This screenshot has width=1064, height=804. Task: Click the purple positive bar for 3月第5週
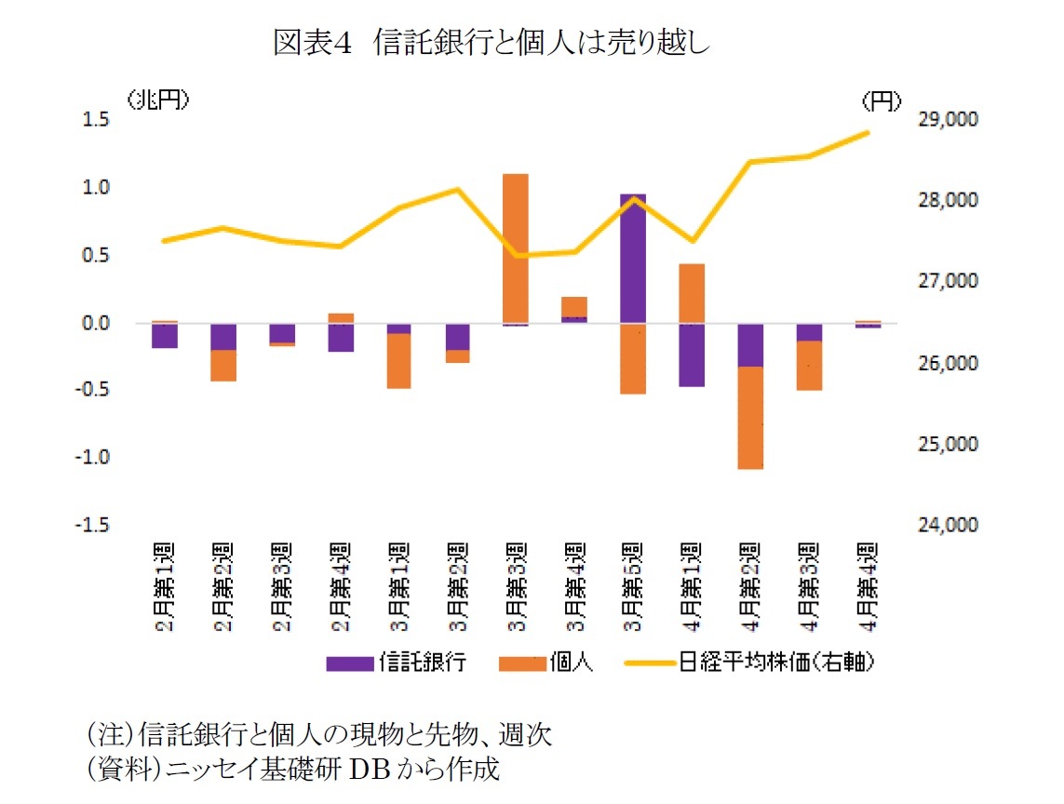point(633,259)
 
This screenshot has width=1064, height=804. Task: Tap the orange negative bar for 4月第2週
point(750,417)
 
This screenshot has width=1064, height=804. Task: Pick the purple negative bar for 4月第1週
point(692,355)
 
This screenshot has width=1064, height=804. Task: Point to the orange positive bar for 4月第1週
point(692,293)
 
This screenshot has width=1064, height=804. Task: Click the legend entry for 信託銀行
point(396,663)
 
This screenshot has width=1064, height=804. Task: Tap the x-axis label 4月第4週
point(869,586)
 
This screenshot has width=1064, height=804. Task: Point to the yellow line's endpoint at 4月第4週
point(869,132)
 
